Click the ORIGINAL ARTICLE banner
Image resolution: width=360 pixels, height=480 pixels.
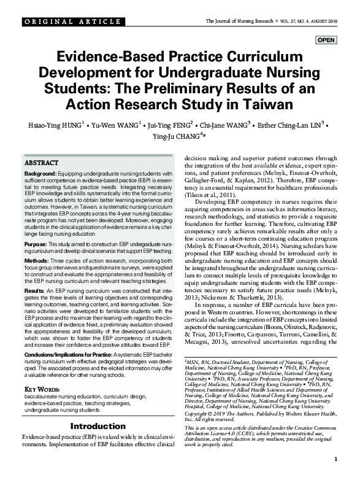coord(64,22)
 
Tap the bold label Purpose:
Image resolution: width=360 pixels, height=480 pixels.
coord(38,244)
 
